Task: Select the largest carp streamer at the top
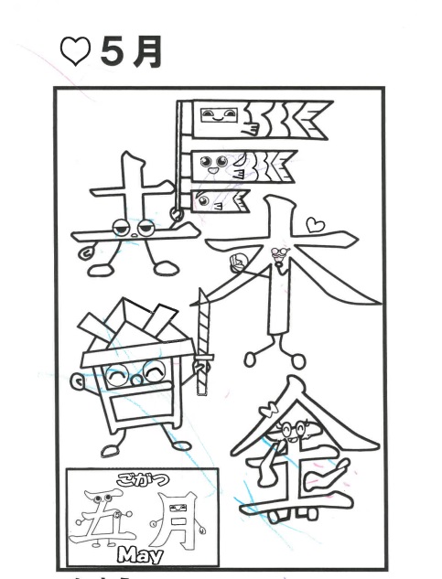coord(260,120)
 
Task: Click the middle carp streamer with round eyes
coord(243,166)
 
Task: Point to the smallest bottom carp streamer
coord(221,201)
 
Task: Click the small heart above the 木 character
coord(315,225)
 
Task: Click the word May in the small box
coord(140,554)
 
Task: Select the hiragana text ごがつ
coord(143,479)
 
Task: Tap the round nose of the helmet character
coord(136,381)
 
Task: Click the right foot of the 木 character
coord(298,359)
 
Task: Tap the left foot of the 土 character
coord(100,270)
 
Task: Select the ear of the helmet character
coord(78,382)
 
